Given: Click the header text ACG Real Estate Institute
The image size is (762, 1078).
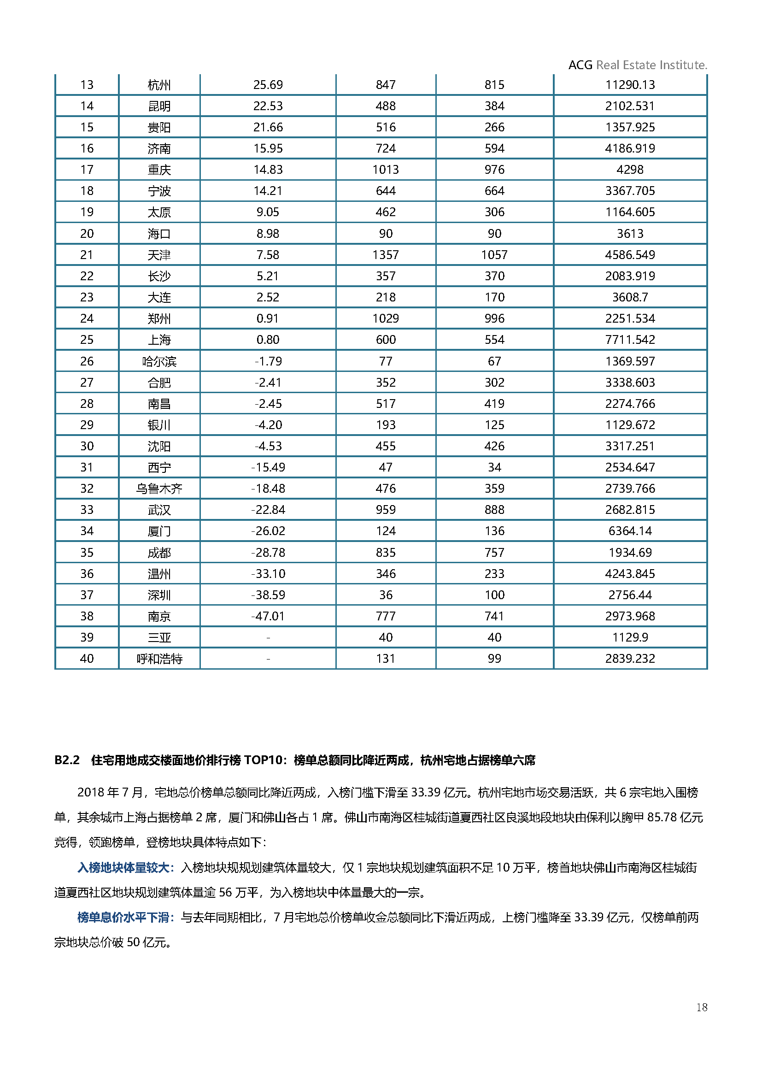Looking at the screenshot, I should (x=637, y=65).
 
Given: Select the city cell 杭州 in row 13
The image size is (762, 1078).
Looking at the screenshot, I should (x=159, y=85).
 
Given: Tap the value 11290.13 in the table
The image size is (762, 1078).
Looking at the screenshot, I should (x=630, y=85).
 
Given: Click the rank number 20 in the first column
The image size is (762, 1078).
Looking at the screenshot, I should (x=87, y=234).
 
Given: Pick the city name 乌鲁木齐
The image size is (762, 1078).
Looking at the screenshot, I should (x=159, y=489).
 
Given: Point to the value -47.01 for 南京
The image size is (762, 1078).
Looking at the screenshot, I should (x=268, y=616).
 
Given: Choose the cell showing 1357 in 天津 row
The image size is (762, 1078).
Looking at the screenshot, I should (x=385, y=255).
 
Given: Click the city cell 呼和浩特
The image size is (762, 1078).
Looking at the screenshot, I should (x=159, y=659).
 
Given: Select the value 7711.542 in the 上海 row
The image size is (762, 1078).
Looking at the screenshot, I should (x=630, y=340).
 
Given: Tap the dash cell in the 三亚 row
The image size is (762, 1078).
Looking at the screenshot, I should (x=268, y=637).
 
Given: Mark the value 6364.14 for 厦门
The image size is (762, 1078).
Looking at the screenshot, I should (x=630, y=531).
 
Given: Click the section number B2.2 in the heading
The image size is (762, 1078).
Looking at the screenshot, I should (x=67, y=760).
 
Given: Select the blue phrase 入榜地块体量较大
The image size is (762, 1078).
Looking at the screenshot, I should (x=123, y=868).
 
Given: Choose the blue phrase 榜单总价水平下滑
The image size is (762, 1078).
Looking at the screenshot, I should (x=123, y=918).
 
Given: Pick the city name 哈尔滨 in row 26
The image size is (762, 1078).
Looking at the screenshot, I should (x=159, y=361).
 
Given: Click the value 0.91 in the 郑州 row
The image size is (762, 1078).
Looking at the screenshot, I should (x=268, y=319).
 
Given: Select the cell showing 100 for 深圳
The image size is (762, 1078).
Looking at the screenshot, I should (x=494, y=595).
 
